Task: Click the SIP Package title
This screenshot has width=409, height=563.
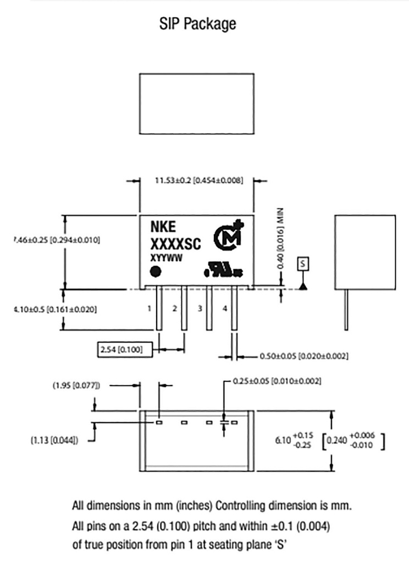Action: tap(198, 24)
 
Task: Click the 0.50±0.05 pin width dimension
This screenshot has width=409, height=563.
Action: tap(304, 356)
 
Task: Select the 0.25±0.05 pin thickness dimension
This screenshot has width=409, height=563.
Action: tap(277, 381)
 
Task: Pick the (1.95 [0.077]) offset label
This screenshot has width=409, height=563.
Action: tap(76, 386)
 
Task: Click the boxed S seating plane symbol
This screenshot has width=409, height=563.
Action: tap(303, 263)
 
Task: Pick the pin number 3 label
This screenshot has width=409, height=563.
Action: tap(200, 308)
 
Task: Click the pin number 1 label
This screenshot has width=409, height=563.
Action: tap(149, 308)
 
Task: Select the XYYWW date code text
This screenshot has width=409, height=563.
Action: tap(167, 257)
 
